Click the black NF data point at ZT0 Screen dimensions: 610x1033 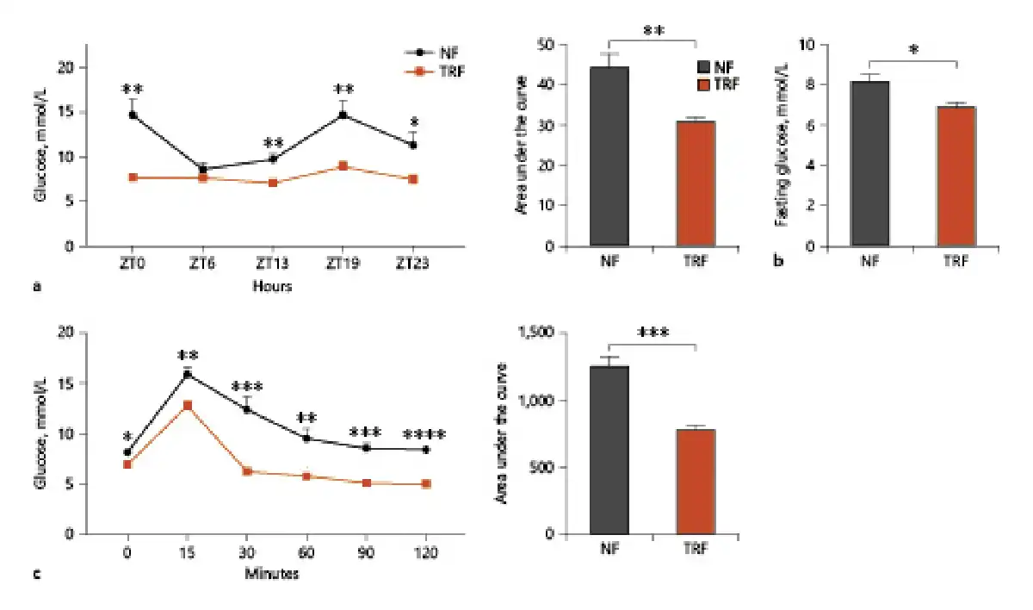click(x=133, y=115)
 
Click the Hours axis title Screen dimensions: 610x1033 click(x=272, y=287)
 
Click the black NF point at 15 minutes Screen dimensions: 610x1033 click(x=186, y=374)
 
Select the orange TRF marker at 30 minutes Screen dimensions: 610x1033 click(x=247, y=471)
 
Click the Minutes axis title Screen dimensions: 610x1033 click(x=272, y=573)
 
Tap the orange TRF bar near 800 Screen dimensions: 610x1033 click(x=696, y=482)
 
